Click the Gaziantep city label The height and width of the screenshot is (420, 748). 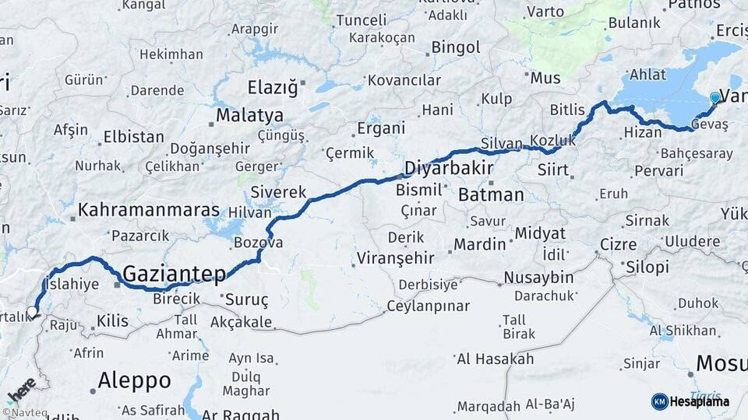174,273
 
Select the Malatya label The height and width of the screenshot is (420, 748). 249,116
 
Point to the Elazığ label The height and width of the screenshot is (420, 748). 273,86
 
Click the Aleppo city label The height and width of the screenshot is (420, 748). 134,380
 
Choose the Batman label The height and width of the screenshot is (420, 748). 491,194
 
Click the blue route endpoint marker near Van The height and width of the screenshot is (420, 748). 715,98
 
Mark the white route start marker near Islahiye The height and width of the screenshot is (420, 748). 32,312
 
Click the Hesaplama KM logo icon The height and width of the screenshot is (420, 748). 660,401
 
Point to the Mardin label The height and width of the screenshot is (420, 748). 480,244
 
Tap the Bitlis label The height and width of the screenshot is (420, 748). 567,109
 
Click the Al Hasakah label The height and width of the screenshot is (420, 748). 496,359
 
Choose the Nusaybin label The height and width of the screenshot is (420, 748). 538,278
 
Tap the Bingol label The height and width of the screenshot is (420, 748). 456,47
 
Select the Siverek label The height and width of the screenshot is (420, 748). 279,191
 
